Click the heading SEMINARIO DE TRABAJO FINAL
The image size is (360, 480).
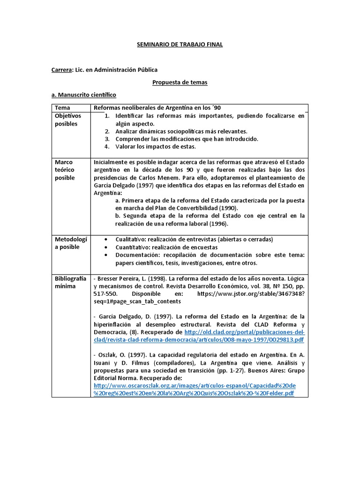click(x=180, y=45)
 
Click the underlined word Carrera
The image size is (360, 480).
click(x=61, y=70)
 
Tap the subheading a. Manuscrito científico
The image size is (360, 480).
click(x=83, y=95)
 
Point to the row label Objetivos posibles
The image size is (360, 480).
click(x=67, y=120)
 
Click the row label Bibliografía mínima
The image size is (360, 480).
click(x=70, y=282)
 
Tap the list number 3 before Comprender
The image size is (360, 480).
click(x=107, y=139)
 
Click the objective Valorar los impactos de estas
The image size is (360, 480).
click(x=149, y=146)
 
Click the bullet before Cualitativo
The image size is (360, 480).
click(x=107, y=240)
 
